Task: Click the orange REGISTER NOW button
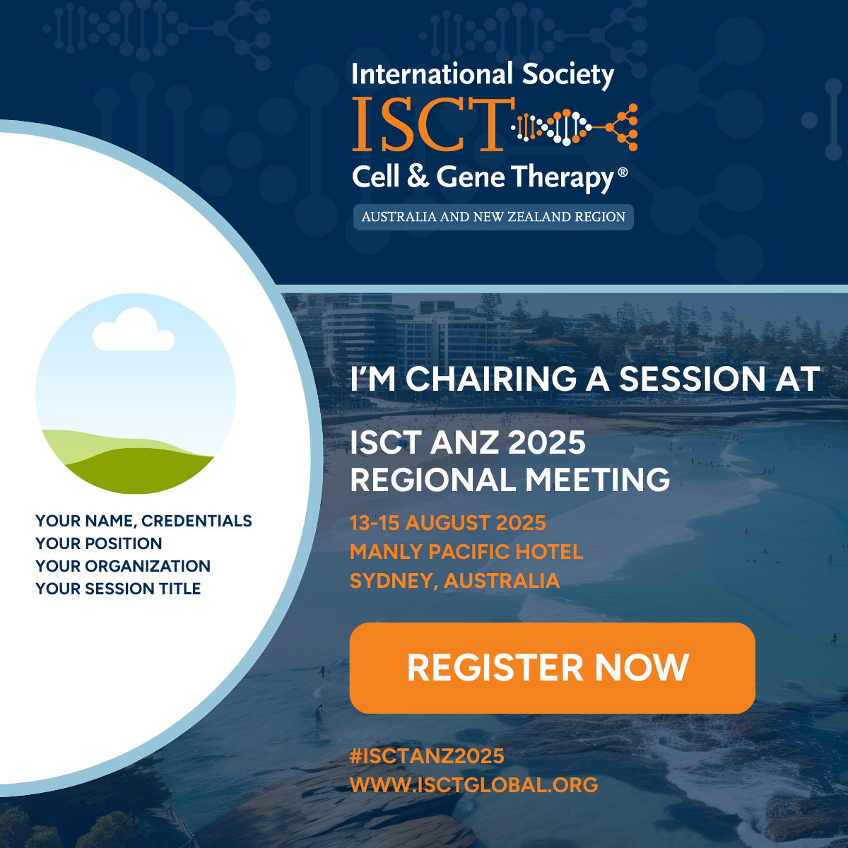point(553,668)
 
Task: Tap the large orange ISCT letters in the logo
point(433,124)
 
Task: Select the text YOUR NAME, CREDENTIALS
point(143,521)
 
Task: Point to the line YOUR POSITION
point(98,543)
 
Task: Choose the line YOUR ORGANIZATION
point(123,566)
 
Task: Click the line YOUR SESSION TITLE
point(118,589)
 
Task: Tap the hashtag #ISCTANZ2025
point(427,756)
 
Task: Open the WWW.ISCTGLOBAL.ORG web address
point(474,784)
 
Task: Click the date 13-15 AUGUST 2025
point(447,523)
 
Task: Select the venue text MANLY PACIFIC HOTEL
point(466,552)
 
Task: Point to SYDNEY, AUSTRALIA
point(454,580)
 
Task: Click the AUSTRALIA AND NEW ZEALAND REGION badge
point(493,217)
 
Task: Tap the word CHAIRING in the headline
point(490,379)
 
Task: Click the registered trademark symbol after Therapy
point(623,173)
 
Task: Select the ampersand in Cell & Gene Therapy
point(418,176)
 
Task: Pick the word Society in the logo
point(567,74)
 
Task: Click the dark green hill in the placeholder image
point(139,471)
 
